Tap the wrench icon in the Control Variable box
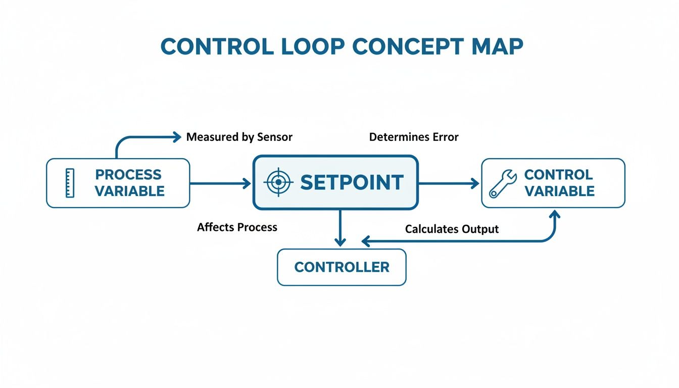click(502, 183)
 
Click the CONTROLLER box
click(342, 267)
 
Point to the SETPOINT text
click(352, 182)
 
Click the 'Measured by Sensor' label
click(239, 137)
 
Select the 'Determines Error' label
click(414, 137)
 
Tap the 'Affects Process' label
click(237, 227)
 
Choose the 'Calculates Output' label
click(452, 229)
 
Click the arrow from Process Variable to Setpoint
click(220, 183)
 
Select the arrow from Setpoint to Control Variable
click(449, 183)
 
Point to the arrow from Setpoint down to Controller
click(341, 227)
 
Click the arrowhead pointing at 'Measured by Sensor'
click(176, 136)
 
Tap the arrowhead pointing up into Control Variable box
click(555, 214)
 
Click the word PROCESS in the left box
click(128, 175)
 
